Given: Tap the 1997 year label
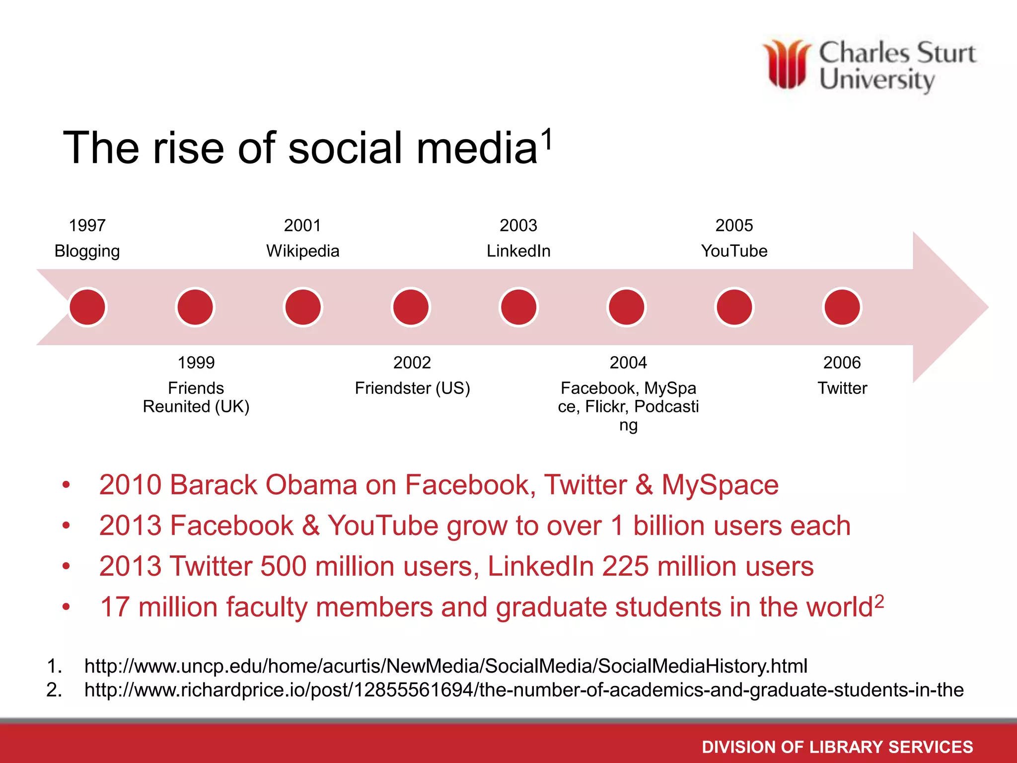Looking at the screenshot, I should click(87, 226).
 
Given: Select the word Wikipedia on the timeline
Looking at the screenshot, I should click(302, 251).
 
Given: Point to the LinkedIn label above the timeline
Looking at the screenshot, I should click(518, 251).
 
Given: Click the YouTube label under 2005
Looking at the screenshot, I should click(734, 251).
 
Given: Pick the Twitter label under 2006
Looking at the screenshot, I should click(842, 388).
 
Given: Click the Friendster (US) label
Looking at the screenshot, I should click(412, 388).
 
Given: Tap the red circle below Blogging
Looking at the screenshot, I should click(87, 307).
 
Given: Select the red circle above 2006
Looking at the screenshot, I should click(842, 307).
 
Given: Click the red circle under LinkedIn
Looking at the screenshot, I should click(518, 307).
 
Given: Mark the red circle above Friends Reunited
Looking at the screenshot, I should click(195, 307).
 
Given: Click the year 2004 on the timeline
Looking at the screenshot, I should click(628, 363).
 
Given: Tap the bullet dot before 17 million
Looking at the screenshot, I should click(66, 607).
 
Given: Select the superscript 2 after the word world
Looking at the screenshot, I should click(879, 601).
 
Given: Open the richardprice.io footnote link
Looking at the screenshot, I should click(524, 690).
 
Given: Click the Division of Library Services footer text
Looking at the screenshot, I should click(837, 747).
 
